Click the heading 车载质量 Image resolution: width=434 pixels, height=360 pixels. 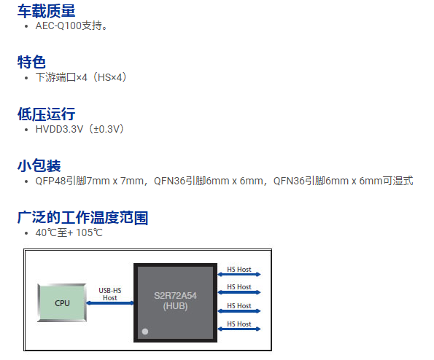click(x=46, y=11)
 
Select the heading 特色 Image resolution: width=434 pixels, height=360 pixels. click(x=31, y=62)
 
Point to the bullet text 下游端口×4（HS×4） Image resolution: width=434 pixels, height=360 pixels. click(x=81, y=77)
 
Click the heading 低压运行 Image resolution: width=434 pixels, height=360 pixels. click(x=46, y=114)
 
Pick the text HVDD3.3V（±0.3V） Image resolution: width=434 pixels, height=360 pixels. click(x=80, y=129)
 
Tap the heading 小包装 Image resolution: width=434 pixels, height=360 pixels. click(x=39, y=165)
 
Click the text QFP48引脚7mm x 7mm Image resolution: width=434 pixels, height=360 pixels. click(x=90, y=181)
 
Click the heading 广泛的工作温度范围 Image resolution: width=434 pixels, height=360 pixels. click(x=82, y=218)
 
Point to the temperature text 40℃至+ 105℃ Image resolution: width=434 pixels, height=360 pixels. click(x=69, y=232)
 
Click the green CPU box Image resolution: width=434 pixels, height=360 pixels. click(x=62, y=302)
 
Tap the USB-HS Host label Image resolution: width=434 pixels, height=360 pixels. click(x=110, y=294)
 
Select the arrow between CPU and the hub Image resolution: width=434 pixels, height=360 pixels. click(x=110, y=303)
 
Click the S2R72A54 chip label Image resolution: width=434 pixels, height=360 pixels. click(x=175, y=296)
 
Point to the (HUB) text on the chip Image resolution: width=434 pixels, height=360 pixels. click(x=175, y=306)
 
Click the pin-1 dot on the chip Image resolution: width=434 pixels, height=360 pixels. click(x=145, y=332)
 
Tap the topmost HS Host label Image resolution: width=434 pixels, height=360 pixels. click(x=239, y=270)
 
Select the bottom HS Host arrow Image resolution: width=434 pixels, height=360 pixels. click(x=239, y=329)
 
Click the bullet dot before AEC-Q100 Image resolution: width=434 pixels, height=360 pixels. click(x=26, y=26)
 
